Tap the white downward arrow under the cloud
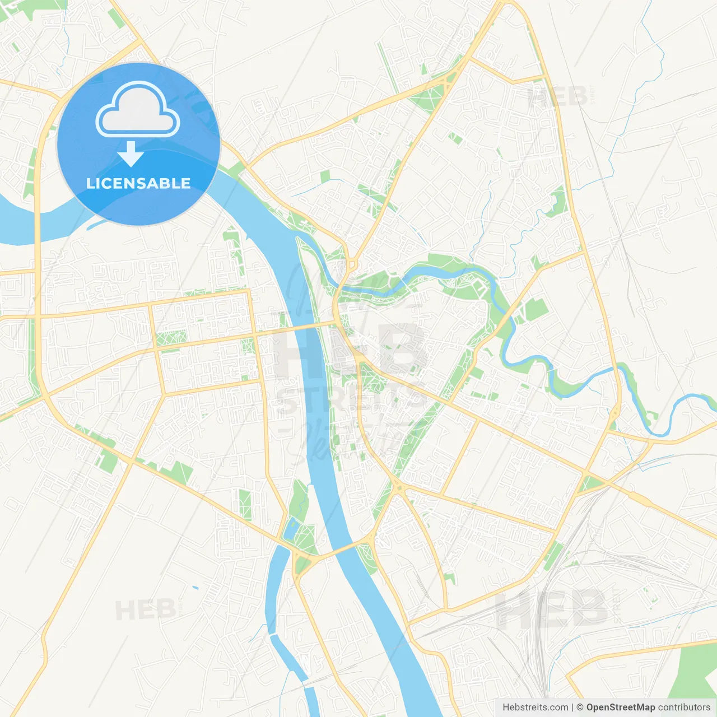click(131, 154)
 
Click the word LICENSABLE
click(138, 184)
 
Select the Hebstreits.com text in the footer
click(535, 707)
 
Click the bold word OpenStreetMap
click(620, 707)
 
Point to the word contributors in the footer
click(684, 707)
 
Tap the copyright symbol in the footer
click(580, 707)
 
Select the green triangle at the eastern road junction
click(588, 483)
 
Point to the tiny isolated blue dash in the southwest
click(195, 588)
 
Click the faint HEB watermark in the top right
click(557, 96)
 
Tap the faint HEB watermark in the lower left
click(146, 609)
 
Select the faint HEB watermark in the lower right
click(552, 609)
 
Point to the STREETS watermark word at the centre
click(350, 399)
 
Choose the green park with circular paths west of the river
click(171, 338)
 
